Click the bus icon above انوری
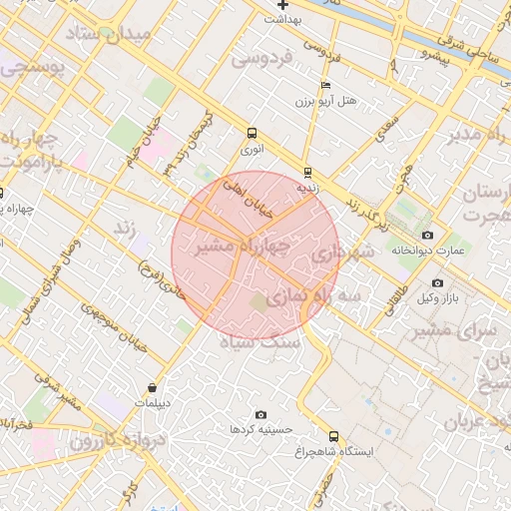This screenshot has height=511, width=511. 251,133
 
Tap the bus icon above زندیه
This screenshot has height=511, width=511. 307,172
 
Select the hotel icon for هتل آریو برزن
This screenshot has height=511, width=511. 326,86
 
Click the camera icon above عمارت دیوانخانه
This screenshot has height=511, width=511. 428,235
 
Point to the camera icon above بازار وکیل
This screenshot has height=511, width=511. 437,283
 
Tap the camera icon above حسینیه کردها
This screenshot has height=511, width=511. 261,415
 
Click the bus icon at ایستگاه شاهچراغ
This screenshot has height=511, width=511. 333,436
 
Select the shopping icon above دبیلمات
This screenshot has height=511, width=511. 152,387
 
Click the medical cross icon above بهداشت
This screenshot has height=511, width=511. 283,5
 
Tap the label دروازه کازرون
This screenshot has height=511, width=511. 100,440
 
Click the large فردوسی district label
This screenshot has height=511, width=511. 264,59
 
